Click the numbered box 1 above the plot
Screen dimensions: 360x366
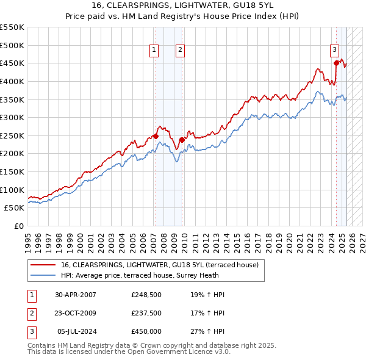coord(155,51)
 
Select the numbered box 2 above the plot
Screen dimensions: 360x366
coord(181,51)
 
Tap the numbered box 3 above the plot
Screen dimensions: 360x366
coord(335,51)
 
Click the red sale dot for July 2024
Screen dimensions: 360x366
coord(336,62)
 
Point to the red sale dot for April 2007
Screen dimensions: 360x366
coord(156,135)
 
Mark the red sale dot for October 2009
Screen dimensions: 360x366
coord(182,140)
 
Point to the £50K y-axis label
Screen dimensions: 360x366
coord(15,208)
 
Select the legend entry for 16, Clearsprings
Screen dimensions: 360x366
coord(160,265)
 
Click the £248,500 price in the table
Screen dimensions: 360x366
coord(146,295)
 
